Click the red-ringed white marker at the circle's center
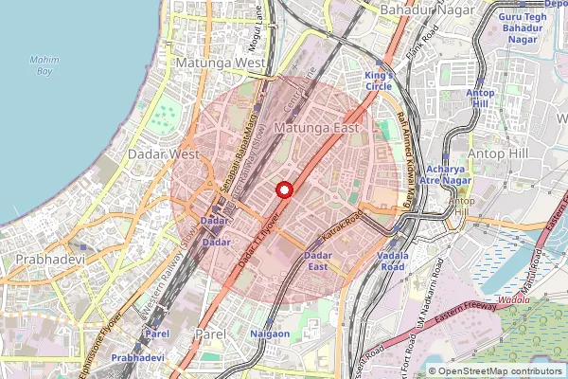[283, 189]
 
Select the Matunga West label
[221, 63]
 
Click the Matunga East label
[312, 125]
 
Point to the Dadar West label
[170, 153]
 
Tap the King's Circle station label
[379, 81]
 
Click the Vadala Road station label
[392, 262]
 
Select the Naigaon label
[269, 334]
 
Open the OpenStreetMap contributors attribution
[500, 371]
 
